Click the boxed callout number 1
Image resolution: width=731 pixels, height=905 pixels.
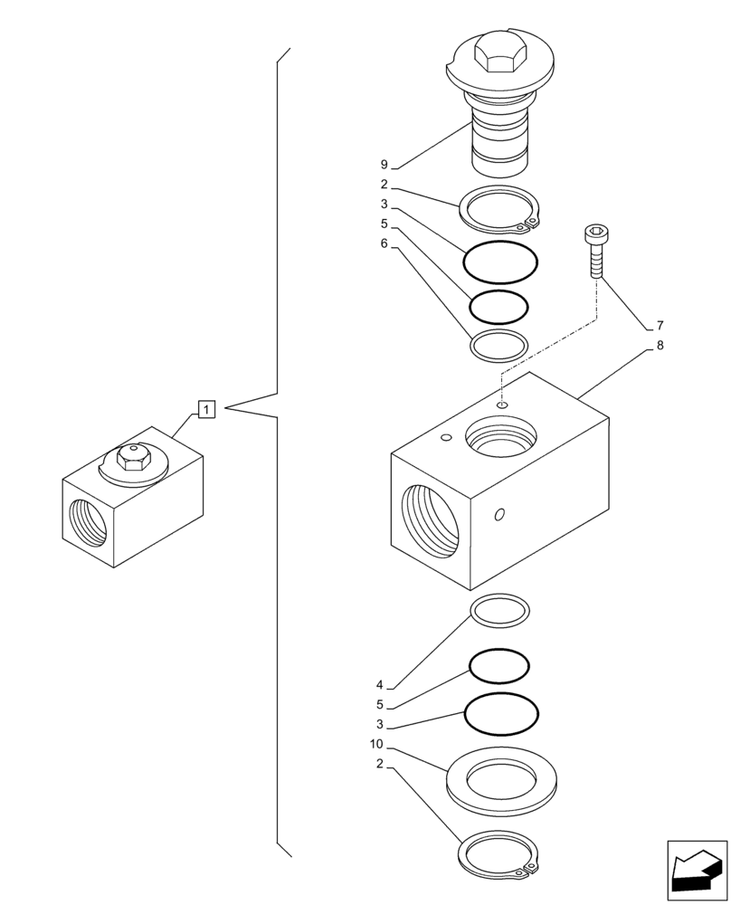206,411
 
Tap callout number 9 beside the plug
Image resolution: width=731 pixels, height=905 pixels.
384,165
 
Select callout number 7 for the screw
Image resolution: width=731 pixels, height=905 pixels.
660,325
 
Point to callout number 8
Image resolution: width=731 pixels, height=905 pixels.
660,345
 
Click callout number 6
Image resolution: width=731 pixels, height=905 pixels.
384,243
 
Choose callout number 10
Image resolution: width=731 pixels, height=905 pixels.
376,744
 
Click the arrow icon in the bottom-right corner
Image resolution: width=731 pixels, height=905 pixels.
696,871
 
